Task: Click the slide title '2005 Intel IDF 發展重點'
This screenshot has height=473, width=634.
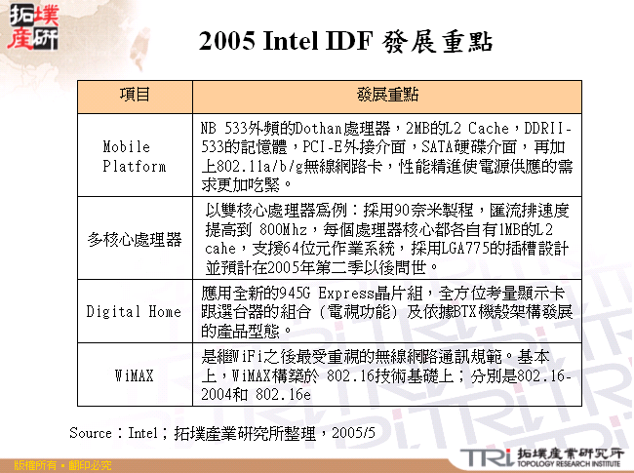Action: pyautogui.click(x=344, y=42)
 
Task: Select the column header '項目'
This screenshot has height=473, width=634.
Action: pyautogui.click(x=135, y=95)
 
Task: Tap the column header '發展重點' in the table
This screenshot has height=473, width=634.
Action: pyautogui.click(x=387, y=95)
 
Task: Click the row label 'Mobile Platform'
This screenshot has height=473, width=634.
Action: pyautogui.click(x=135, y=156)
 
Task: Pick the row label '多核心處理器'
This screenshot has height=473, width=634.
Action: pyautogui.click(x=135, y=238)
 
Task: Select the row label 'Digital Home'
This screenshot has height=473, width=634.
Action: pyautogui.click(x=135, y=312)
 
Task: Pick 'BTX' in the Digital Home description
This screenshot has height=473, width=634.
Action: pyautogui.click(x=458, y=312)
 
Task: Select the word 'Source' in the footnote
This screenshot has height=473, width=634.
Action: pyautogui.click(x=94, y=431)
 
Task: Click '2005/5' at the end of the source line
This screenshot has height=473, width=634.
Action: pyautogui.click(x=355, y=431)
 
